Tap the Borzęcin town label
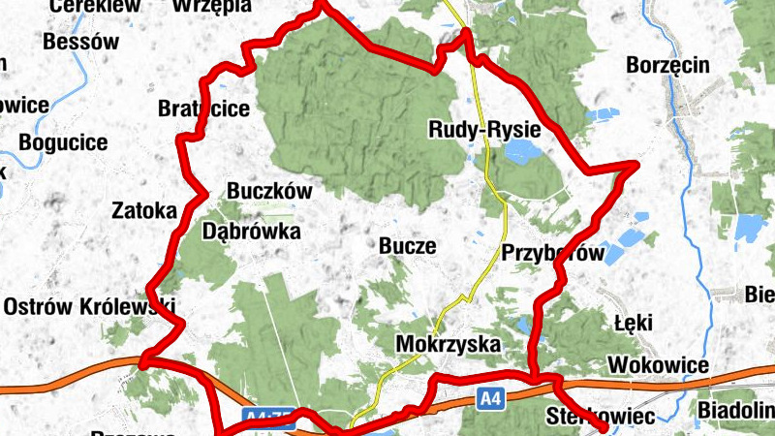tap(668, 66)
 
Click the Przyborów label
tap(552, 254)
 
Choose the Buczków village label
tap(269, 192)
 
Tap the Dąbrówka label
tap(252, 232)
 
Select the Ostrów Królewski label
tap(89, 307)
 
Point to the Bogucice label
tap(63, 143)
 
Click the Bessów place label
tap(81, 43)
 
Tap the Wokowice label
tap(658, 365)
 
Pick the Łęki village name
tap(634, 322)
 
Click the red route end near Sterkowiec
tap(604, 426)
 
